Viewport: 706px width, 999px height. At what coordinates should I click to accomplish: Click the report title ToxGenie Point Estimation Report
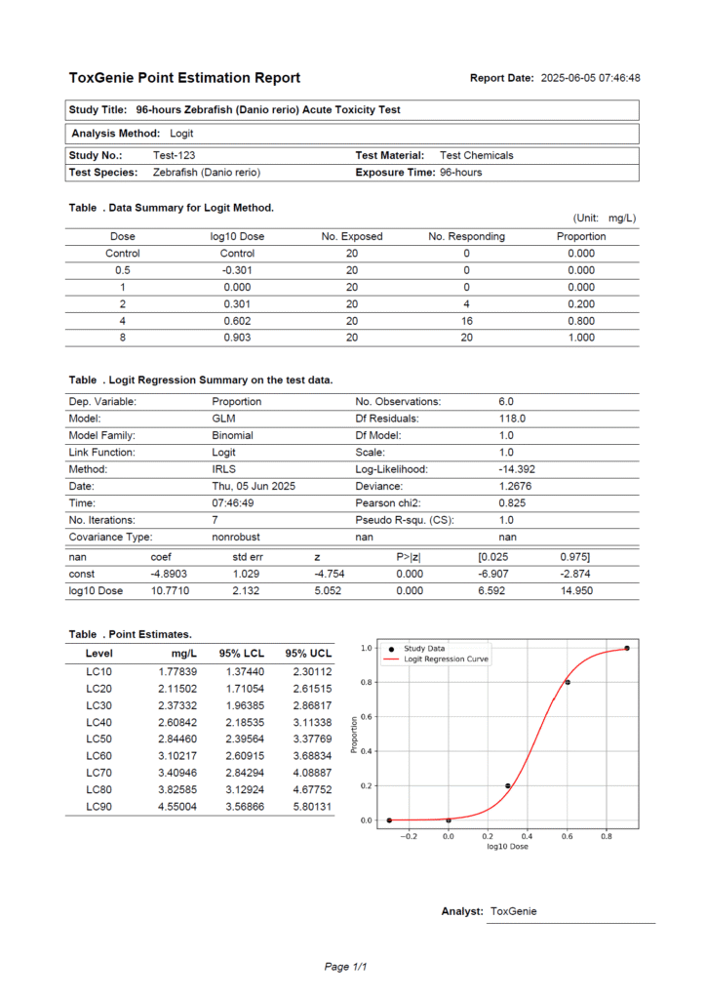[x=184, y=78]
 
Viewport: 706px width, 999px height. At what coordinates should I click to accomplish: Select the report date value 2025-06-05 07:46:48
[x=590, y=78]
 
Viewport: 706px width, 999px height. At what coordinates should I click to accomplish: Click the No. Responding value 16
[x=466, y=321]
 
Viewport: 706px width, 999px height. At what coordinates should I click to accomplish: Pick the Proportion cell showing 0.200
[x=581, y=303]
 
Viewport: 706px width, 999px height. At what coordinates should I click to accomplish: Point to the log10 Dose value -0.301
[x=237, y=270]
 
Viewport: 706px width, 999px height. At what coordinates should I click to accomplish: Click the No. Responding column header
[x=466, y=236]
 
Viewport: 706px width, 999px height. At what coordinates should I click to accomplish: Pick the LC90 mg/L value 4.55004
[x=177, y=807]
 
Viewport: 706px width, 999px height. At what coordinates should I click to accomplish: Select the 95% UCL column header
[x=308, y=653]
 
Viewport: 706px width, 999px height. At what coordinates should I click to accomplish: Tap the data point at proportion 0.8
[x=568, y=682]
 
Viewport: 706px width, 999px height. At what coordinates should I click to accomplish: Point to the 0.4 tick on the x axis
[x=527, y=835]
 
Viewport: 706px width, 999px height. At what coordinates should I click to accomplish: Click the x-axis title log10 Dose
[x=507, y=846]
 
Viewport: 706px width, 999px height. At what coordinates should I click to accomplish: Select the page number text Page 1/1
[x=345, y=967]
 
